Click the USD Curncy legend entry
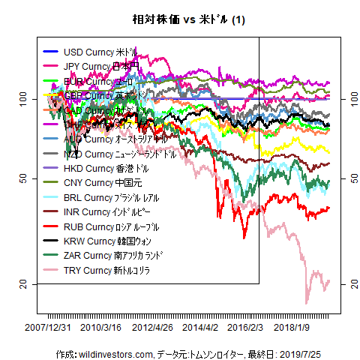pos(101,52)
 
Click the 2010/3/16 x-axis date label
pos(101,328)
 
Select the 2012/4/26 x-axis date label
pos(152,328)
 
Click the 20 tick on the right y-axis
pos(344,283)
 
